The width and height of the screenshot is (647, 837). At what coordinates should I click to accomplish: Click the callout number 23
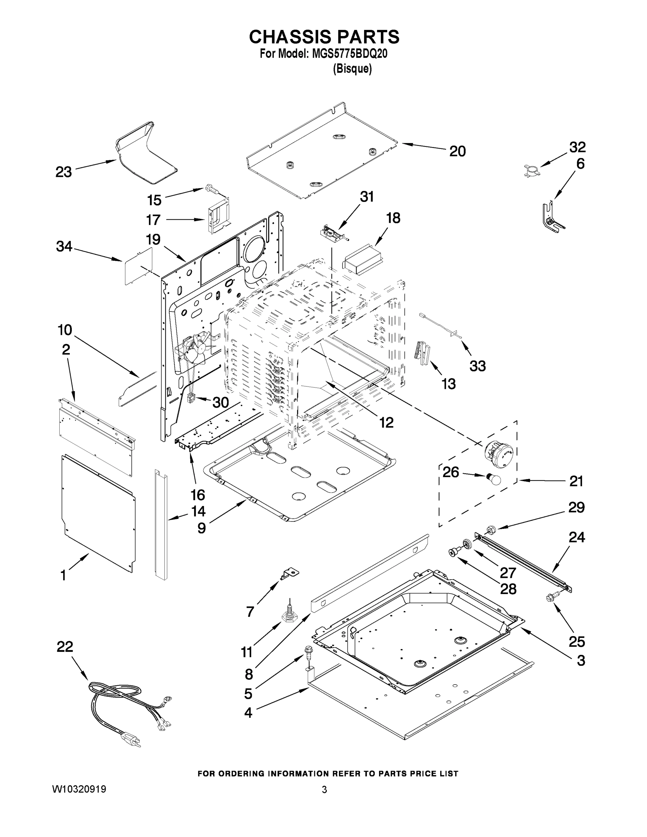(63, 172)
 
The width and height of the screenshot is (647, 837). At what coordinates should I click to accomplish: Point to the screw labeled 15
(210, 188)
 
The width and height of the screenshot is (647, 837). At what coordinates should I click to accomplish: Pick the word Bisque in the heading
(352, 69)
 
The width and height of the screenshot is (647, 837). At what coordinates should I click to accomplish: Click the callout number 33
(477, 366)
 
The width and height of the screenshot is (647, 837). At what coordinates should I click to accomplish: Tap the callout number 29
(576, 507)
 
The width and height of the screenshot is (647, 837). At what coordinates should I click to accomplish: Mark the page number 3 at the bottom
(324, 790)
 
